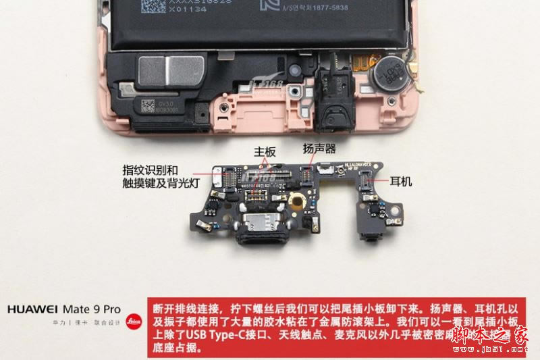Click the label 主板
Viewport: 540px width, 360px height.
[x=265, y=153]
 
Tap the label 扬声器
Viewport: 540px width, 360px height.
[x=319, y=148]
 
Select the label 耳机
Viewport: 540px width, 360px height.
[x=401, y=182]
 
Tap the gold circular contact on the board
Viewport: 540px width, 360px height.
[x=295, y=201]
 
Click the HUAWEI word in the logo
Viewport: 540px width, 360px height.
[x=32, y=309]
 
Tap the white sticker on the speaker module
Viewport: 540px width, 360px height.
[x=157, y=107]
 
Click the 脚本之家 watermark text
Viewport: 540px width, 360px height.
[x=488, y=334]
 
